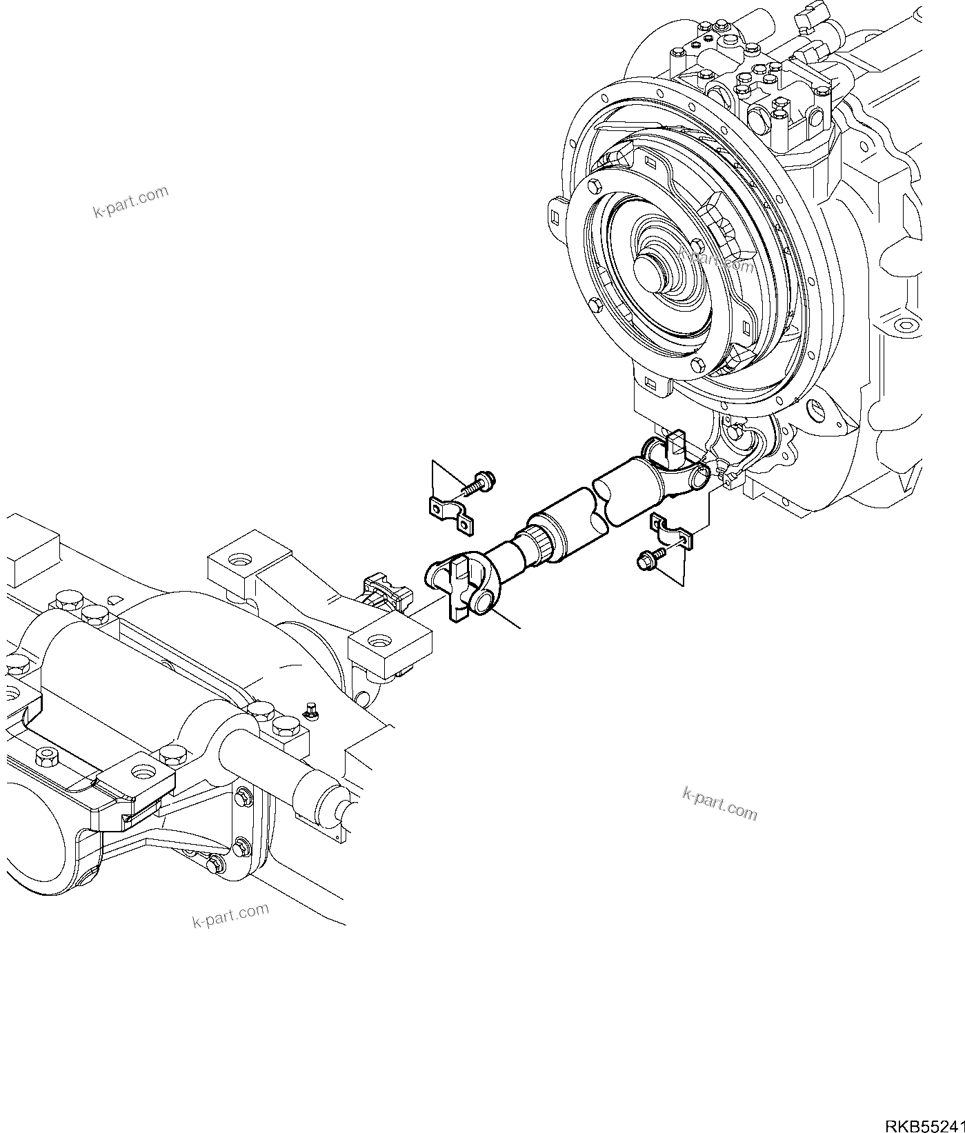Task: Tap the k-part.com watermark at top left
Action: click(x=130, y=201)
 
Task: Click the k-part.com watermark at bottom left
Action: click(x=230, y=915)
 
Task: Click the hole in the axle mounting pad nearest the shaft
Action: click(x=378, y=643)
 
